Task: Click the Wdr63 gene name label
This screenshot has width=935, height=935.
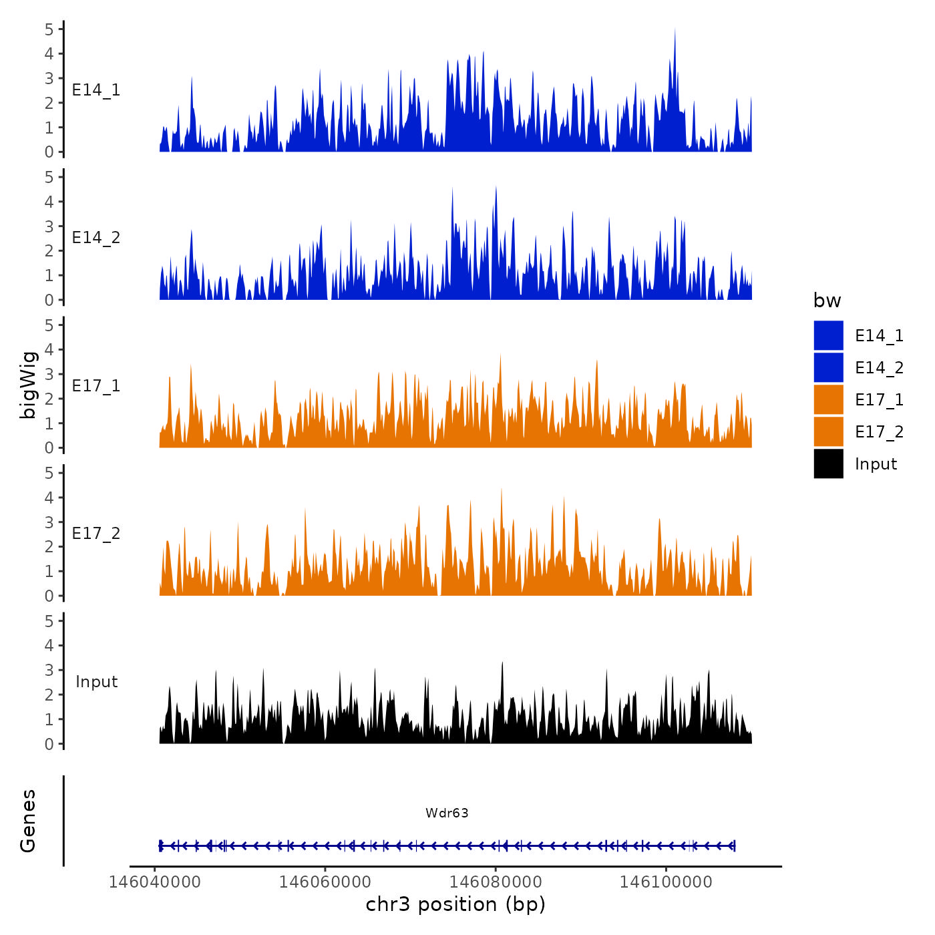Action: tap(447, 813)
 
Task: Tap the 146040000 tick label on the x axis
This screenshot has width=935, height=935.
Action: tap(154, 882)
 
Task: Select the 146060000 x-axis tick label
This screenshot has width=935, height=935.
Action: tap(325, 882)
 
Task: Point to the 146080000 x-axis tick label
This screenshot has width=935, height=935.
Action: tap(496, 882)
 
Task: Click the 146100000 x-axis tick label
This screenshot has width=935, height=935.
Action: tap(666, 882)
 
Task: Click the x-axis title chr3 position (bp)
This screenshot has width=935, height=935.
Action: tap(455, 904)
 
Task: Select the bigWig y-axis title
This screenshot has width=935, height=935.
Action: tap(28, 385)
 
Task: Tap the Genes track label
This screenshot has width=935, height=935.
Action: tap(28, 821)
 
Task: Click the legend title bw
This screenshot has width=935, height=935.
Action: tap(827, 301)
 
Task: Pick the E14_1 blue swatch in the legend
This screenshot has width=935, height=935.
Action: tap(828, 335)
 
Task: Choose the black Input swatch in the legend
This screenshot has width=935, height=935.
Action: tap(828, 463)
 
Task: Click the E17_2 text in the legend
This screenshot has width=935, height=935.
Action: tap(879, 432)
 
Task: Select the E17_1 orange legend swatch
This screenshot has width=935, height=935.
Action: tap(828, 399)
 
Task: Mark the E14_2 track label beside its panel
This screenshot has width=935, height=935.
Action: tap(96, 238)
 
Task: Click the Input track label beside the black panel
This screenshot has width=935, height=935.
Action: tap(96, 682)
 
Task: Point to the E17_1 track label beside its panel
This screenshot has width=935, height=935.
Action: tap(96, 386)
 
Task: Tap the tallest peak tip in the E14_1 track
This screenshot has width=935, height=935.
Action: tap(675, 29)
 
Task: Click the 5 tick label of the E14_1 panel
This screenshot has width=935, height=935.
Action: tap(49, 29)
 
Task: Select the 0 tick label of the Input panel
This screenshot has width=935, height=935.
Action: tap(49, 744)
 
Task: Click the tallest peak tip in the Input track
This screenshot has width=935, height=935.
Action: tap(502, 663)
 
